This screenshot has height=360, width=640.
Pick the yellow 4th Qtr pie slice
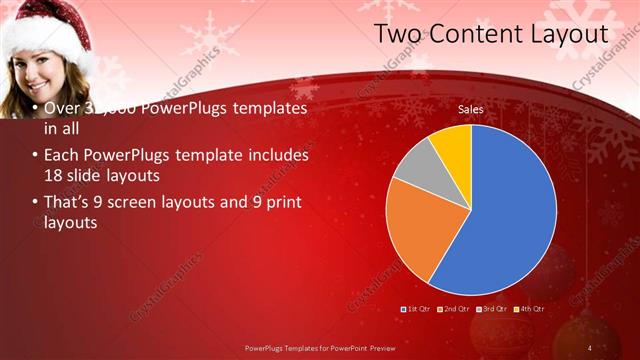click(453, 143)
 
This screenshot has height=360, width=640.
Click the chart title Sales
click(471, 108)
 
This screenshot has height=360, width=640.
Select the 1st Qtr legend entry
click(417, 309)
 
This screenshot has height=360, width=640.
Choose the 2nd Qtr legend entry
click(454, 309)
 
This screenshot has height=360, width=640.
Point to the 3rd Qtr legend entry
click(492, 309)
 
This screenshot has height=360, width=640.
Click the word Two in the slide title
click(396, 34)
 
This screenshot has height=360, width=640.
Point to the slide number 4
click(590, 347)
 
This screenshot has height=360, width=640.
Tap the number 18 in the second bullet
click(54, 176)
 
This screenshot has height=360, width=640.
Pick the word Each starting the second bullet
click(63, 156)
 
